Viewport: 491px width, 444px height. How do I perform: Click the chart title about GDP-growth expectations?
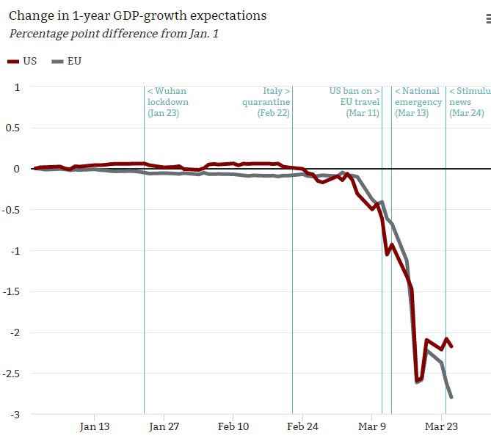coord(138,15)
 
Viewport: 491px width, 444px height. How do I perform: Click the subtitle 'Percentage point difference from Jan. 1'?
coord(113,34)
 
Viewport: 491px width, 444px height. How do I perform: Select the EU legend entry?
coord(67,61)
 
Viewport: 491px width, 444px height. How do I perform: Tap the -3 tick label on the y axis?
coord(15,415)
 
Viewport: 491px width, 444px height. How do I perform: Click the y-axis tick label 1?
coord(17,87)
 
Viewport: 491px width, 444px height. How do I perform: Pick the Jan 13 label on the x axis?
coord(95,426)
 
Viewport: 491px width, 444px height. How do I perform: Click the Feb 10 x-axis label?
coord(233,426)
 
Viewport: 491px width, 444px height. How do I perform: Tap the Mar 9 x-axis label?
coord(372,426)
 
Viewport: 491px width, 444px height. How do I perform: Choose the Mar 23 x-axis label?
coord(442,426)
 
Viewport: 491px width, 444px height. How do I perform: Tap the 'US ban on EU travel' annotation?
coord(354,102)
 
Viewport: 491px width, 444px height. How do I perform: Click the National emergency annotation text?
coord(418,102)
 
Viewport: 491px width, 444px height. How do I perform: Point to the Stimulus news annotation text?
coord(469,102)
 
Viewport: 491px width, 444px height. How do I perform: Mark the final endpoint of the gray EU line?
coord(451,397)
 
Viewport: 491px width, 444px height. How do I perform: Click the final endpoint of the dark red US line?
coord(451,346)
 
